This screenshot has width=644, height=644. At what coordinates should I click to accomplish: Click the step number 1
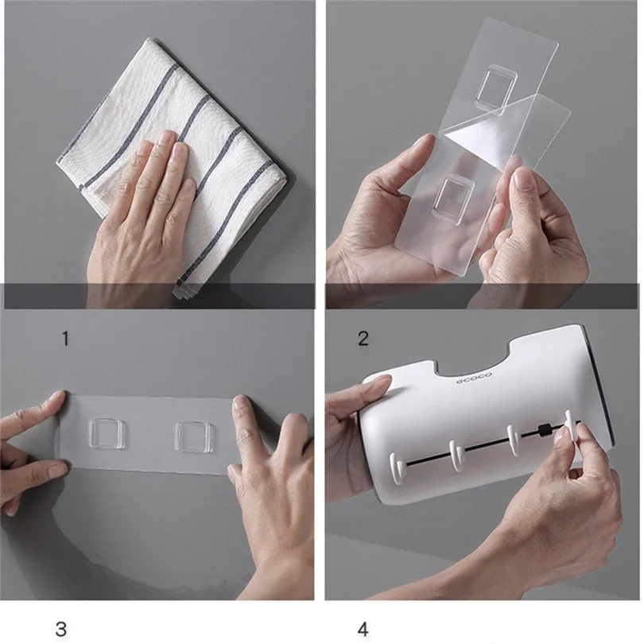(65, 339)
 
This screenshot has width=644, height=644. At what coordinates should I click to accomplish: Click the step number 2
(363, 339)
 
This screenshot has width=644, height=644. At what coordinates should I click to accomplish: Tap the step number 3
(60, 629)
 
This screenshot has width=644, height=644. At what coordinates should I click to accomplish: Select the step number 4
(363, 629)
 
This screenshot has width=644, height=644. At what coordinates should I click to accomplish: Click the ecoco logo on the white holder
(474, 378)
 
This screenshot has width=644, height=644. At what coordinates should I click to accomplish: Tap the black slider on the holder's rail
(544, 431)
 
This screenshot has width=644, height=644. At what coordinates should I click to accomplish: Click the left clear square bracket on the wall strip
(107, 434)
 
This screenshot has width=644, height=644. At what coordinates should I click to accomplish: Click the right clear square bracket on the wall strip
(193, 436)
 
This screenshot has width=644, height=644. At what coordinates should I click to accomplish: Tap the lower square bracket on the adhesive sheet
(453, 200)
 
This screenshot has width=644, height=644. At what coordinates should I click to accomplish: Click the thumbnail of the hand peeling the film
(523, 179)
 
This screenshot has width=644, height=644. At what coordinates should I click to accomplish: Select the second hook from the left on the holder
(456, 455)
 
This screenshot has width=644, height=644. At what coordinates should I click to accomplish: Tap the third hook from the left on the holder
(514, 440)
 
